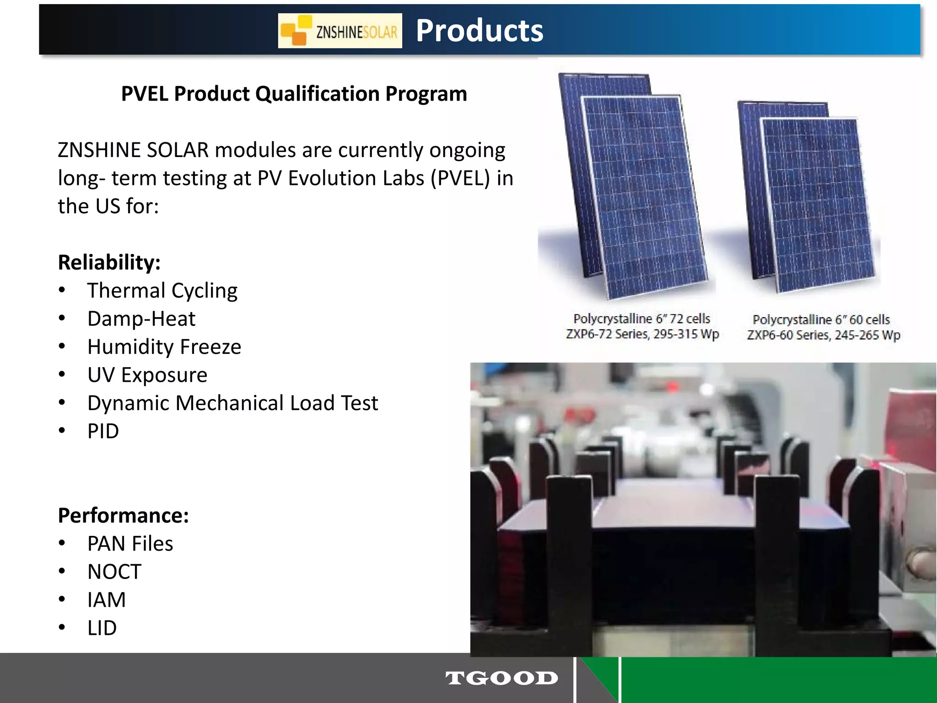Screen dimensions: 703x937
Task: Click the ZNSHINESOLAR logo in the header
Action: click(340, 31)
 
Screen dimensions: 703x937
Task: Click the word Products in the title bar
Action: click(479, 31)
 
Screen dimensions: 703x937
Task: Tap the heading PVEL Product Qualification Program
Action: click(294, 94)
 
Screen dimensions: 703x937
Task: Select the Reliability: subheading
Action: click(109, 262)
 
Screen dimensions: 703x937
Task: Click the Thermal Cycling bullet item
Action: click(162, 291)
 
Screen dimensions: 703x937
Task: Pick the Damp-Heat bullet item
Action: click(141, 319)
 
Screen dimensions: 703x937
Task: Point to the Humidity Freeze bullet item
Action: click(164, 347)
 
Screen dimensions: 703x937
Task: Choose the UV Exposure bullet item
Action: click(147, 375)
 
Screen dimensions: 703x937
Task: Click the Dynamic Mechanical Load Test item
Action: click(232, 403)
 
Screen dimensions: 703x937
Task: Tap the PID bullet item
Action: click(103, 431)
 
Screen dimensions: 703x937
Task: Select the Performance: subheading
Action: click(123, 515)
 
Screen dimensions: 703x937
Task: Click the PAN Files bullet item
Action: click(130, 544)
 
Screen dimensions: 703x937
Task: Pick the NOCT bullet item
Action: click(114, 572)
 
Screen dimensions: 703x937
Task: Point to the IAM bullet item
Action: click(107, 600)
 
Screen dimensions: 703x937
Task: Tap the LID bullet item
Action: click(102, 628)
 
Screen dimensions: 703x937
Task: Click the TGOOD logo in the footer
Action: click(501, 678)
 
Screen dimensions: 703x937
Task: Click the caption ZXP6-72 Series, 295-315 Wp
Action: click(642, 334)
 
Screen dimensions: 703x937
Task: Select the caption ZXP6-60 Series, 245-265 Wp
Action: click(824, 335)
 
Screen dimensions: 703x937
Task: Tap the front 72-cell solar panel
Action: click(645, 197)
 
